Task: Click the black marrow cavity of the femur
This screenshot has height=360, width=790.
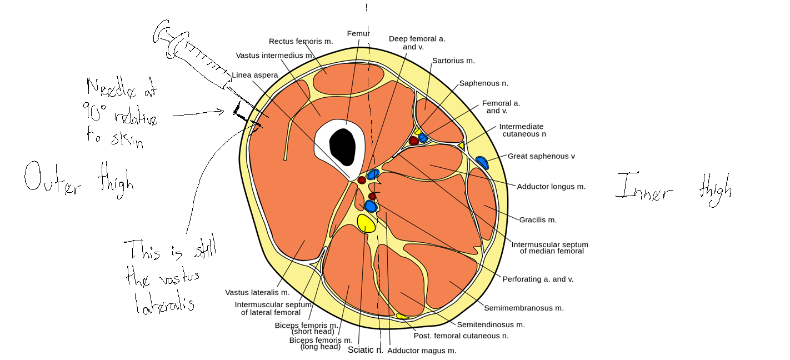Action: point(342,147)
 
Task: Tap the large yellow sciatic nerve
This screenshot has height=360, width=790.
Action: point(366,223)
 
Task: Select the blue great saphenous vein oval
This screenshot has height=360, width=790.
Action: point(482,163)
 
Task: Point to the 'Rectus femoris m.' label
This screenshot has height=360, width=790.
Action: point(301,41)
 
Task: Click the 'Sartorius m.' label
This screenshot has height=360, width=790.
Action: point(453,61)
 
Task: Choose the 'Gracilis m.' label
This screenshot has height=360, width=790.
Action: point(538,220)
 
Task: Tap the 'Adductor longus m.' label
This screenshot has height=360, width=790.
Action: point(551,187)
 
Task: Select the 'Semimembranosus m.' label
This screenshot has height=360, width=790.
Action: point(523,308)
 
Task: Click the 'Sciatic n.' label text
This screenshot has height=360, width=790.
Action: point(365,350)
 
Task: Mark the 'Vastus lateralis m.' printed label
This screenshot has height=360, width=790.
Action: point(257,292)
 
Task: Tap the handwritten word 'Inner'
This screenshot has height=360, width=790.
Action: point(644,188)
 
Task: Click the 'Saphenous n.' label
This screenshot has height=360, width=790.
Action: point(483,83)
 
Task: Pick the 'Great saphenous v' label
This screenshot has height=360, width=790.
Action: point(541,156)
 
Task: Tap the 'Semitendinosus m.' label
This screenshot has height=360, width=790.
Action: point(491,324)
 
